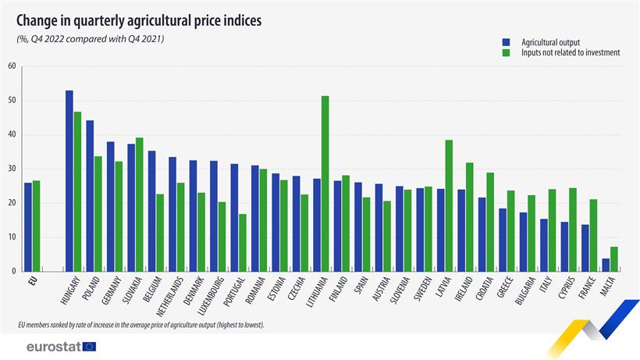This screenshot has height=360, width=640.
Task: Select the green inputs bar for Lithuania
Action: point(325,184)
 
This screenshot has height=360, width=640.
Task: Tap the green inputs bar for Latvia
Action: point(449,205)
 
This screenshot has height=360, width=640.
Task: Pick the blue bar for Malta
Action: point(605,265)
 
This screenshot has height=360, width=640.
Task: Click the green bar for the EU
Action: point(37,226)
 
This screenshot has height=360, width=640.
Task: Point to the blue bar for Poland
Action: point(90,195)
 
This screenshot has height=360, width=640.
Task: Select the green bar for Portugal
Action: point(243,242)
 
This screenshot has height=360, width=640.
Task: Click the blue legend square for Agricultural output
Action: point(506,41)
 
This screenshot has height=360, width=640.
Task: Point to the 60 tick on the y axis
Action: point(12,66)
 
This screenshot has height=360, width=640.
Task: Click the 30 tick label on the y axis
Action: point(12,169)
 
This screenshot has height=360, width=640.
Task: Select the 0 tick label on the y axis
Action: point(14,271)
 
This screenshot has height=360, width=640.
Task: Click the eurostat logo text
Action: point(52,346)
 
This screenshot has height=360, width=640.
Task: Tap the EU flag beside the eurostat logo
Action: point(89,346)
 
